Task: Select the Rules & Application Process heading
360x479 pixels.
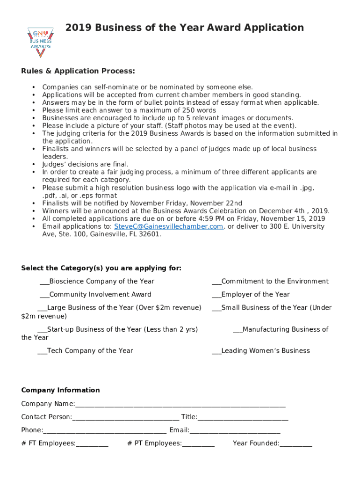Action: click(78, 71)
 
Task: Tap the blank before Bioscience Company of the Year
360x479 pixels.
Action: click(44, 282)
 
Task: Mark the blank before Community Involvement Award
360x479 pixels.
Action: click(44, 295)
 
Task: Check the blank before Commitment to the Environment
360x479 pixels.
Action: click(216, 282)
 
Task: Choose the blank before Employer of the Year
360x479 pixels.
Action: click(216, 295)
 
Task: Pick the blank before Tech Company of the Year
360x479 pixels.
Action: click(42, 351)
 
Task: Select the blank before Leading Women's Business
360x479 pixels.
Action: click(216, 351)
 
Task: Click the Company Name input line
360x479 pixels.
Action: click(180, 405)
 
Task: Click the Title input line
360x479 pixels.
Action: click(243, 418)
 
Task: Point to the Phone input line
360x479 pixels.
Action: click(105, 431)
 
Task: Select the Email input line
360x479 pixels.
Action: click(235, 431)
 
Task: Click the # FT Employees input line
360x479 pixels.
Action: click(92, 444)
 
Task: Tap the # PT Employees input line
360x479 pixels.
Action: click(198, 444)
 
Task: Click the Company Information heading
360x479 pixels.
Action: click(60, 390)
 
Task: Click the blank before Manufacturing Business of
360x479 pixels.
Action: click(238, 330)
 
